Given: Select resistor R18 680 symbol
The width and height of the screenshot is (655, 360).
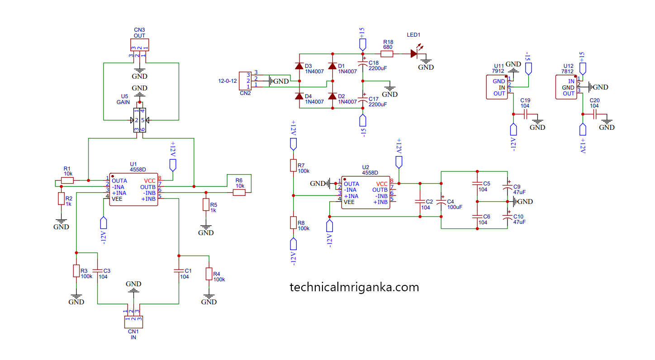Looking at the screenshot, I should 387,54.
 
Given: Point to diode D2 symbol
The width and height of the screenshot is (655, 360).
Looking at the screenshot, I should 332,96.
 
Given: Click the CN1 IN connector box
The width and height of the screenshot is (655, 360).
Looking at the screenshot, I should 133,322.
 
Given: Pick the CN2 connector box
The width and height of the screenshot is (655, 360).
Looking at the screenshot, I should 245,81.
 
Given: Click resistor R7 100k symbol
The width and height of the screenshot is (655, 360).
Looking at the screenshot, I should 294,166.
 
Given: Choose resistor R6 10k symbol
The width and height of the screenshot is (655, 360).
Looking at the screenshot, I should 239,193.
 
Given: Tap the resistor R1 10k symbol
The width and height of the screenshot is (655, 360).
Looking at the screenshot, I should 67,180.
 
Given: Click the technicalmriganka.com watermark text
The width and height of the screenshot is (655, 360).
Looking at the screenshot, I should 354,287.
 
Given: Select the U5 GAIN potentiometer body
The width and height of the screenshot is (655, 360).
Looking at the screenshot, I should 140,120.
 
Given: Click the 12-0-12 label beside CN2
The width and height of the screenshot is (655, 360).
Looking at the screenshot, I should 227,81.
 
